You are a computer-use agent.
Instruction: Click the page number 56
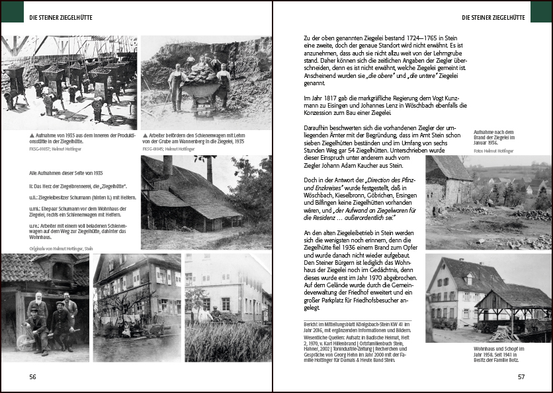point(32,376)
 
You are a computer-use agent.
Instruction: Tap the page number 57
point(521,376)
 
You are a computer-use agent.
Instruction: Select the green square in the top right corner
point(541,11)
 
